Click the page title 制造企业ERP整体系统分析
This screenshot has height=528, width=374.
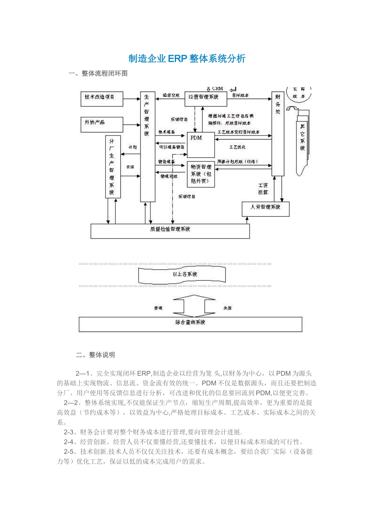[187, 59]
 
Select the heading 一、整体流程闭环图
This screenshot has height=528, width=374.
[98, 73]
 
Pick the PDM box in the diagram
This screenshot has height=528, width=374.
[200, 145]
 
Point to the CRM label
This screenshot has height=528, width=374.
[217, 89]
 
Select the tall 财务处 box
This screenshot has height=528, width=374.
[278, 134]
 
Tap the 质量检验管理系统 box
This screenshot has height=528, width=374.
[170, 231]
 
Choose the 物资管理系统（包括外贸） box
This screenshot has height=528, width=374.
[201, 174]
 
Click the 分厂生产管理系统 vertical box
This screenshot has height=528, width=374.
[113, 167]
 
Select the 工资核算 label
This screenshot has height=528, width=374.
[263, 189]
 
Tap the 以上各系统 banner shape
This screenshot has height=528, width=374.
[182, 274]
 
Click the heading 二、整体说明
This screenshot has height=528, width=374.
[95, 355]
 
